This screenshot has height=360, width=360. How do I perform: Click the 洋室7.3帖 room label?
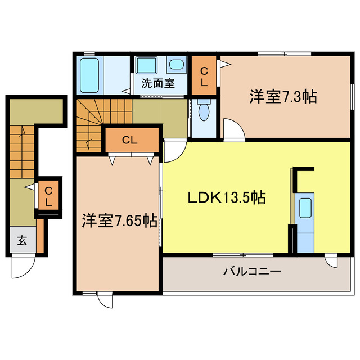coord(283,97)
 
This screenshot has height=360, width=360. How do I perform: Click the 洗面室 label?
coord(157,84)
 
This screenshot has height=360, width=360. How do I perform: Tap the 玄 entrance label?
coord(21,241)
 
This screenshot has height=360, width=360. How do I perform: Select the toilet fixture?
coord(204,110)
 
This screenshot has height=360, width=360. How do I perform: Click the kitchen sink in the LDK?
coord(305,209)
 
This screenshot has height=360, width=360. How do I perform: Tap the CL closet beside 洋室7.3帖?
coord(204,75)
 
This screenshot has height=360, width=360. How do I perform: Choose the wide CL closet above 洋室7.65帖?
coord(130,141)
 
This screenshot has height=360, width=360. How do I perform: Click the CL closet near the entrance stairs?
coord(48,195)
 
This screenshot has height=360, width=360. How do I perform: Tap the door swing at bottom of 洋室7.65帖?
coord(104,300)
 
